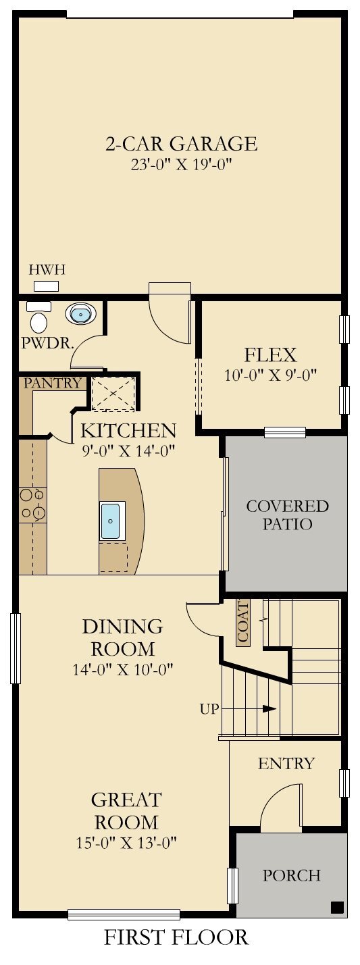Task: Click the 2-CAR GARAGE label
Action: (x=181, y=143)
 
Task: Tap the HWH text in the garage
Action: (x=47, y=270)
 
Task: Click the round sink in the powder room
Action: (x=80, y=313)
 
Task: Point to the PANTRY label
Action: (x=52, y=382)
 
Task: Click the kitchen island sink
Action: (x=112, y=521)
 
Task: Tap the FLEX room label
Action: (x=270, y=355)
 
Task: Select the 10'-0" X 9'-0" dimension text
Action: (x=270, y=375)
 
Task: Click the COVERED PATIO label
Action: (x=287, y=515)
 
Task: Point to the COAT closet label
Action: (x=242, y=623)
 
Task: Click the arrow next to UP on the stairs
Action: (x=249, y=708)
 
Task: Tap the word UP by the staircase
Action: (x=209, y=708)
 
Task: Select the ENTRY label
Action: (x=286, y=764)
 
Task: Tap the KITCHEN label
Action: (x=128, y=430)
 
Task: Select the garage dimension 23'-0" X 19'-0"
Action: (x=182, y=165)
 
